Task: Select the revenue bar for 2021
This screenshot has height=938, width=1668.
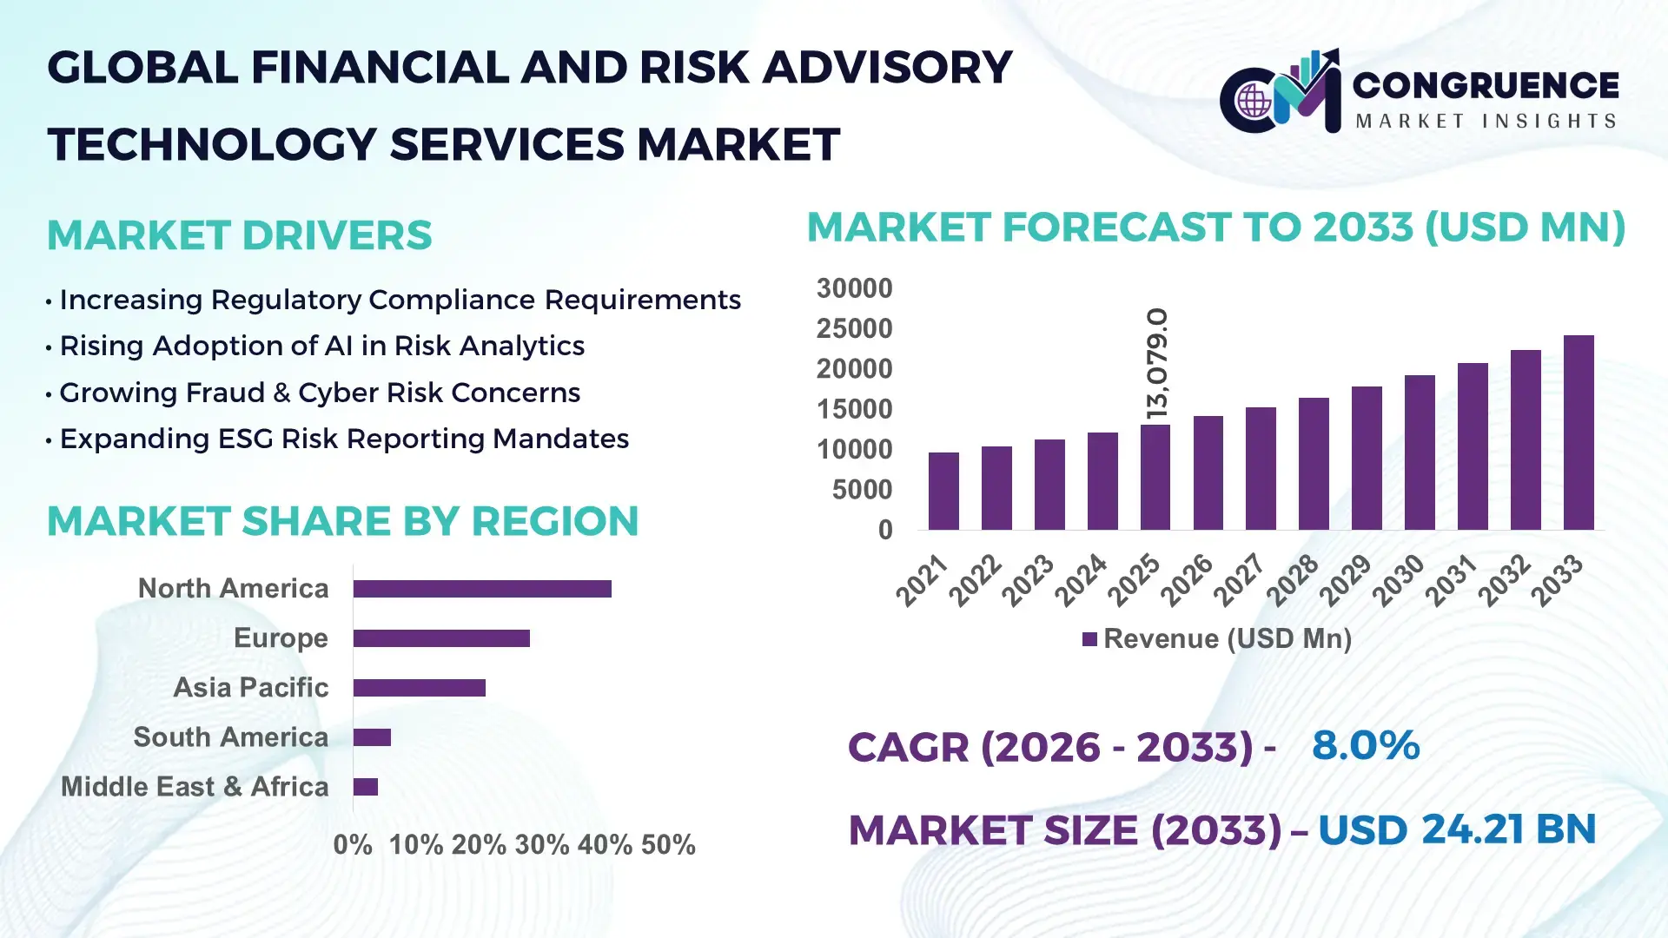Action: pos(943,491)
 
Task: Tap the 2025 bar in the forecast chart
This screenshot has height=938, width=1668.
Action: pos(1155,477)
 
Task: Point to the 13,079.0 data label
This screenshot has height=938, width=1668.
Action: pos(1157,363)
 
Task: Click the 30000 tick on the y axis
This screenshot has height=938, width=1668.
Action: pos(854,288)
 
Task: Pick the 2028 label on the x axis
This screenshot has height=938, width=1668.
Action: pos(1293,579)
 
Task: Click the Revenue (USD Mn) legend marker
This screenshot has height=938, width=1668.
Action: pos(1089,640)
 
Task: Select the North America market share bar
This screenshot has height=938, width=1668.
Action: pos(482,589)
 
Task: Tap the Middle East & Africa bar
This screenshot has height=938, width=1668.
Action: pos(366,787)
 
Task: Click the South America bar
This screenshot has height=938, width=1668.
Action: pos(372,737)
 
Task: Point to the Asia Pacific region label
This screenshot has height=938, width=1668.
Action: pos(250,687)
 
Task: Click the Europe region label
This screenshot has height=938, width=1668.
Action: pos(281,637)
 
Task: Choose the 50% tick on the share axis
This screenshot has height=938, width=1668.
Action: pos(668,844)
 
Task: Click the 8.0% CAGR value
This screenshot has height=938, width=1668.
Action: pos(1365,745)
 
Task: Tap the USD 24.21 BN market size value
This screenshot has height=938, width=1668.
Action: pos(1457,829)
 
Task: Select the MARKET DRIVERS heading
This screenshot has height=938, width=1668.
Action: pos(239,235)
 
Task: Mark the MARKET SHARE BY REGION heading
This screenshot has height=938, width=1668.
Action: pos(342,521)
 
